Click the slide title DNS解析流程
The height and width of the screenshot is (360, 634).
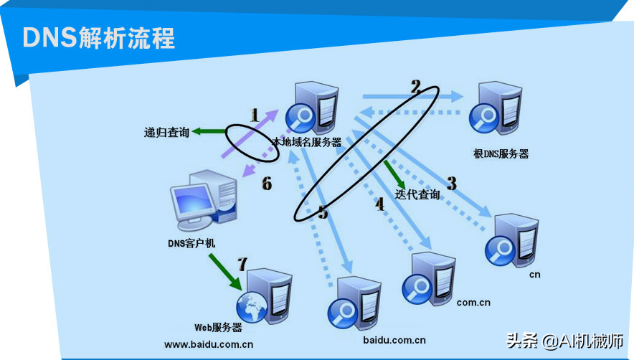tap(99, 38)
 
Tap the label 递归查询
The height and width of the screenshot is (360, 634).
tap(166, 132)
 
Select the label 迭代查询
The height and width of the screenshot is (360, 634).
tap(417, 194)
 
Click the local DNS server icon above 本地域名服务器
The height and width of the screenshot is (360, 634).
tap(312, 108)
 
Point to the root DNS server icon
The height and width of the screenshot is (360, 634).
tap(496, 108)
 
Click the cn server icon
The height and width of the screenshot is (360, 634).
tap(511, 240)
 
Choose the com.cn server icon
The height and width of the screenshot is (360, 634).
tap(429, 279)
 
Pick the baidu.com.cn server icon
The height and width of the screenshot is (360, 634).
tap(354, 303)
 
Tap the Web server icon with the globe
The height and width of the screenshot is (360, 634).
tap(264, 295)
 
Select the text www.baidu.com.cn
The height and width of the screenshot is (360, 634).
tap(209, 345)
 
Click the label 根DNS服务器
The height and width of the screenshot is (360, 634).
tap(501, 153)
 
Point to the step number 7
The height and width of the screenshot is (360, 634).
tap(242, 264)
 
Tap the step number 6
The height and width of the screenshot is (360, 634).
tap(267, 184)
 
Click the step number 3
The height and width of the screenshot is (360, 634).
tap(452, 184)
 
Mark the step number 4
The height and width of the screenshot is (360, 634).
tap(379, 204)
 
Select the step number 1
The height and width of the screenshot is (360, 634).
tap(255, 115)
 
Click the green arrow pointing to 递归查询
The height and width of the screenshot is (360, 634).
tap(209, 131)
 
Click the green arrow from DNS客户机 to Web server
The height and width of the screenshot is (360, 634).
tap(225, 272)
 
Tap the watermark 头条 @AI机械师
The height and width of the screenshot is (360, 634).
tap(564, 341)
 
